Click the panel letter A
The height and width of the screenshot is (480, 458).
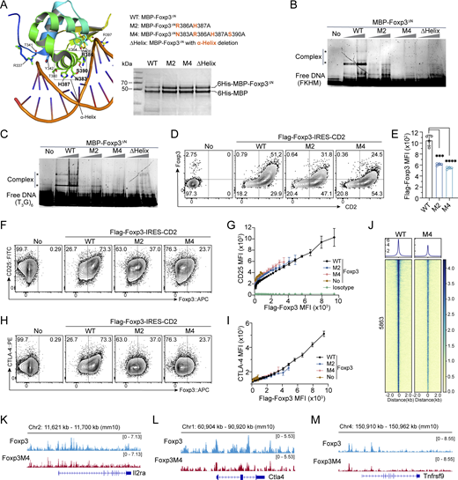click(6, 6)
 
